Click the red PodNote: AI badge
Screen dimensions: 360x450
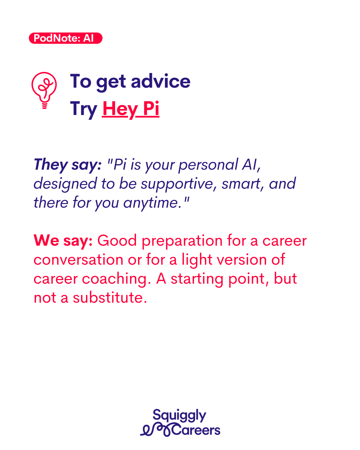coord(65,38)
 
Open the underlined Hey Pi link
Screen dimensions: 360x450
coord(131,109)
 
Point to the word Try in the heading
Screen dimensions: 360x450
coord(83,109)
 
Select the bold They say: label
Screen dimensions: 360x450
coord(68,165)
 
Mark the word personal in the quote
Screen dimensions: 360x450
coord(208,165)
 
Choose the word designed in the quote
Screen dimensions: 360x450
coord(65,184)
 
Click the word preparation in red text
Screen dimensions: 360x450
coord(182,241)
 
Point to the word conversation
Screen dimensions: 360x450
coord(78,260)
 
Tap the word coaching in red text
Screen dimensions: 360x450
coord(116,279)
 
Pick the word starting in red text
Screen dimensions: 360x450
coord(197,279)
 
